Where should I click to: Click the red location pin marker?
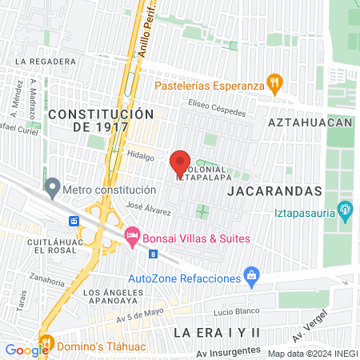tap(181, 163)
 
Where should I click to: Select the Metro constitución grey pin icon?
tap(53, 190)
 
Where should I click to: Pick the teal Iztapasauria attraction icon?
tap(346, 212)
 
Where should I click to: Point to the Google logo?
tap(26, 350)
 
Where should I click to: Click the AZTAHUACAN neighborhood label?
tap(310, 122)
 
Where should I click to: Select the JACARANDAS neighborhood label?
tap(274, 192)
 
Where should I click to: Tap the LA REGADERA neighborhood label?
tap(50, 61)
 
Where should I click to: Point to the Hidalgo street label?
tap(141, 158)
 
